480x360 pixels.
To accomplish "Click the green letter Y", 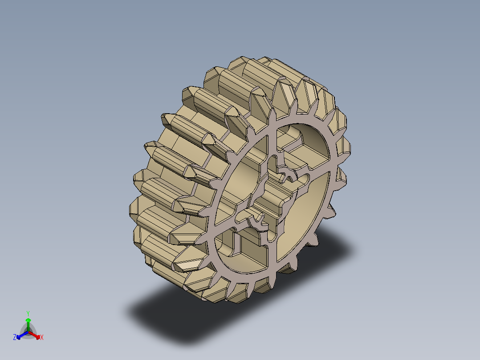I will tap(28, 313).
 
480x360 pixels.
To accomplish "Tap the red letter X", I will tap(42, 338).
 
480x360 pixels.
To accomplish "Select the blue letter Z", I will tap(15, 338).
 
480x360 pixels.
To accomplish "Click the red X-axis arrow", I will tap(35, 335).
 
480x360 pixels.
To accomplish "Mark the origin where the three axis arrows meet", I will tap(28, 332).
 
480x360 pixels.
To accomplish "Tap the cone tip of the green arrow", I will tap(28, 320).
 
